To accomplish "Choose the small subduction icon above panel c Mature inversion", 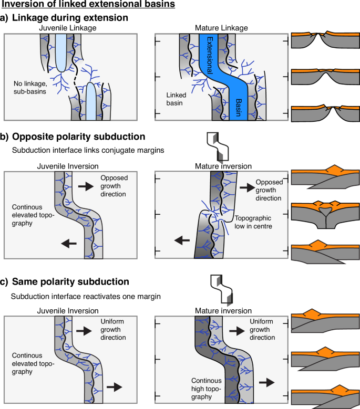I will coord(217,289).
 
